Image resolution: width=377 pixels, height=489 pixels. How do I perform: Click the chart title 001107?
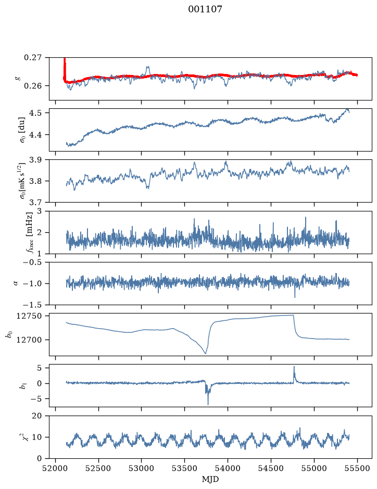[205, 9]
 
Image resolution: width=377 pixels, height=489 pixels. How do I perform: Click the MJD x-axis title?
[210, 479]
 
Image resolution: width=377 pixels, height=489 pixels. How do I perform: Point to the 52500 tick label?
[98, 468]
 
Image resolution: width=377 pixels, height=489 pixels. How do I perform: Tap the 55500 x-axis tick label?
[357, 468]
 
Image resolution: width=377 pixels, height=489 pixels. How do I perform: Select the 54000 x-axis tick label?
[228, 468]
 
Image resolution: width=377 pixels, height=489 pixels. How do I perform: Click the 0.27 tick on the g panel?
[33, 58]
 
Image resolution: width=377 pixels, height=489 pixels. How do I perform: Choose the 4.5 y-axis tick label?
[35, 112]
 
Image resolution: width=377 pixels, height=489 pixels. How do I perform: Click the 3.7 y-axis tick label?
[35, 203]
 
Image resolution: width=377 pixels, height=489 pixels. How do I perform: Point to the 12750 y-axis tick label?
[29, 316]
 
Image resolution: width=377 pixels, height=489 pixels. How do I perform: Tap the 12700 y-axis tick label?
[29, 340]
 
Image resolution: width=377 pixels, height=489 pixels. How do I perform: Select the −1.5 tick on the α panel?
[32, 305]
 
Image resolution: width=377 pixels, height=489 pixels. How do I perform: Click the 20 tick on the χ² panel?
[37, 416]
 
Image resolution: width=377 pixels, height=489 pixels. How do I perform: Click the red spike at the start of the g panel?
[65, 67]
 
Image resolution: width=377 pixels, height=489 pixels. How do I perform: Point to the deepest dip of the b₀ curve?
[205, 353]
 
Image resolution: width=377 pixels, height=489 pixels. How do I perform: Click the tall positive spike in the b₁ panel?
[294, 367]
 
